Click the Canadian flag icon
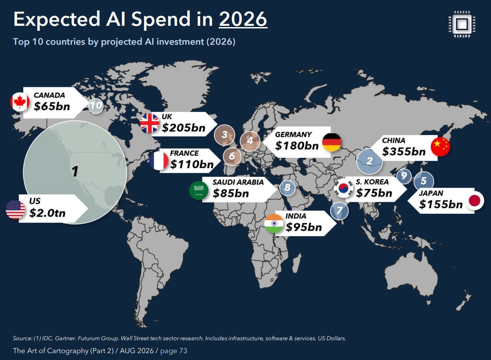pyautogui.click(x=20, y=102)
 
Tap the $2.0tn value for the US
pyautogui.click(x=47, y=213)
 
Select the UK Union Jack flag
pyautogui.click(x=150, y=123)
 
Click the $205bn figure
pyautogui.click(x=183, y=128)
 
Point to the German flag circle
pyautogui.click(x=332, y=142)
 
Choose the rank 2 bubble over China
pyautogui.click(x=370, y=161)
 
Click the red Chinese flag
pyautogui.click(x=440, y=146)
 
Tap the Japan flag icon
pyautogui.click(x=474, y=201)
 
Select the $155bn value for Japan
pyautogui.click(x=441, y=204)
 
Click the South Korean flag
pyautogui.click(x=343, y=188)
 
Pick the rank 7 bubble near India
pyautogui.click(x=340, y=211)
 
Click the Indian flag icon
pyautogui.click(x=274, y=224)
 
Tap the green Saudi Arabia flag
pyautogui.click(x=199, y=190)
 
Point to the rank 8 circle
pyautogui.click(x=287, y=188)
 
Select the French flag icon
pyautogui.click(x=159, y=161)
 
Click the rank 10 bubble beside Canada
pyautogui.click(x=96, y=105)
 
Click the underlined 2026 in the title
pyautogui.click(x=243, y=19)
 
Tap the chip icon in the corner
pyautogui.click(x=462, y=24)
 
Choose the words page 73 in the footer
pyautogui.click(x=174, y=351)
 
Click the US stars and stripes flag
pyautogui.click(x=15, y=209)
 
